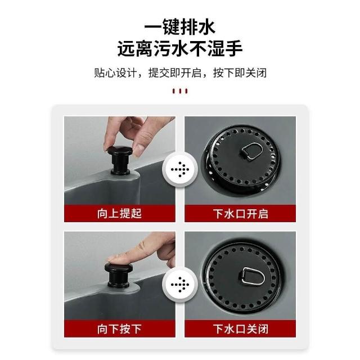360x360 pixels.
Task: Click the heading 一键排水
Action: coord(180,27)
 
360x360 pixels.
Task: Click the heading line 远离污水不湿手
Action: coord(180,48)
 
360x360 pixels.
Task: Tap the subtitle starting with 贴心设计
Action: coord(180,73)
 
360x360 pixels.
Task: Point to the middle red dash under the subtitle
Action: coord(180,91)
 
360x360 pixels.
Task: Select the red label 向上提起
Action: coord(120,214)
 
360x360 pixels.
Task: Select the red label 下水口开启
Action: coord(240,214)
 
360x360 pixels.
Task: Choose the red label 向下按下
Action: coord(120,328)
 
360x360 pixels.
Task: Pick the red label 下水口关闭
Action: coord(240,328)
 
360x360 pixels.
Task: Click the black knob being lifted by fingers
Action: coord(120,160)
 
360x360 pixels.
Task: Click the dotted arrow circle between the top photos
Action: coord(180,170)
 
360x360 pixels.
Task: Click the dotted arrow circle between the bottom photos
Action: coord(180,285)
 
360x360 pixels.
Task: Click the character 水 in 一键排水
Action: coord(206,27)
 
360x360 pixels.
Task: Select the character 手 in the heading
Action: coord(234,48)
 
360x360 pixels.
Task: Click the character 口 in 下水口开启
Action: coord(240,214)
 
